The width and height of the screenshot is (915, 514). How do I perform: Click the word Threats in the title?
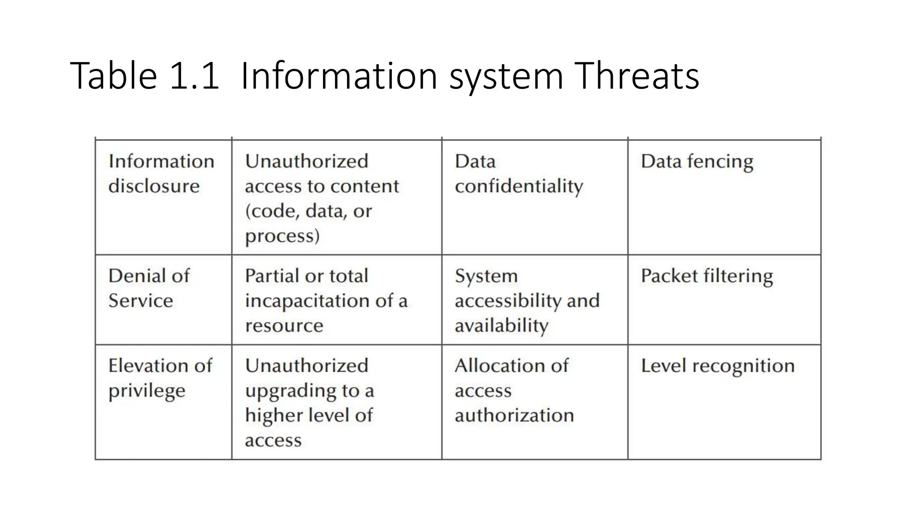636,76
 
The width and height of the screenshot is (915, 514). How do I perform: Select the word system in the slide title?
506,77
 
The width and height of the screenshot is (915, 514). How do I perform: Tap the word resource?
284,326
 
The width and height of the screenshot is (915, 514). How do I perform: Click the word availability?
501,326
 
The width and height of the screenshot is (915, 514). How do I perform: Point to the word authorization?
514,415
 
